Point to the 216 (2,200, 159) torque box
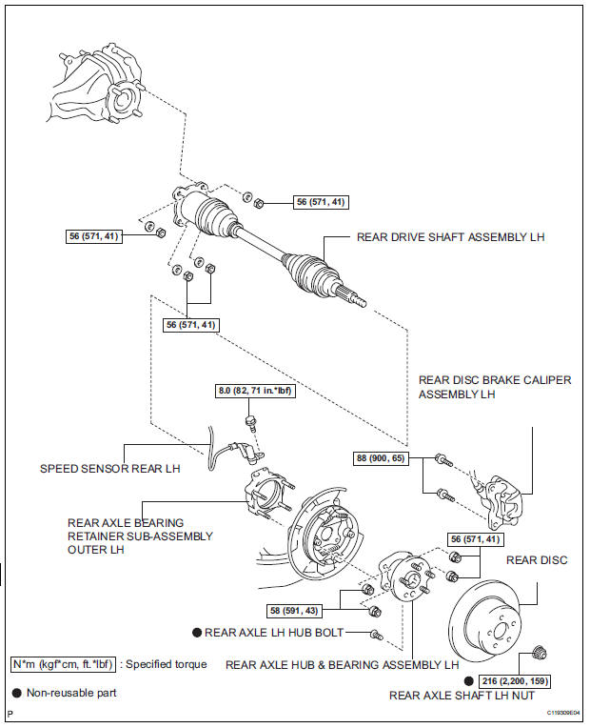coord(515,681)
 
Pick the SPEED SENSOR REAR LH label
coord(109,468)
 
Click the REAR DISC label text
coord(537,560)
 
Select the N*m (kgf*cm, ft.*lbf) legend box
coord(60,664)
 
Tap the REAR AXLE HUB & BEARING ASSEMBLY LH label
coord(342,664)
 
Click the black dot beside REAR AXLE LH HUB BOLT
coord(197,632)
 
